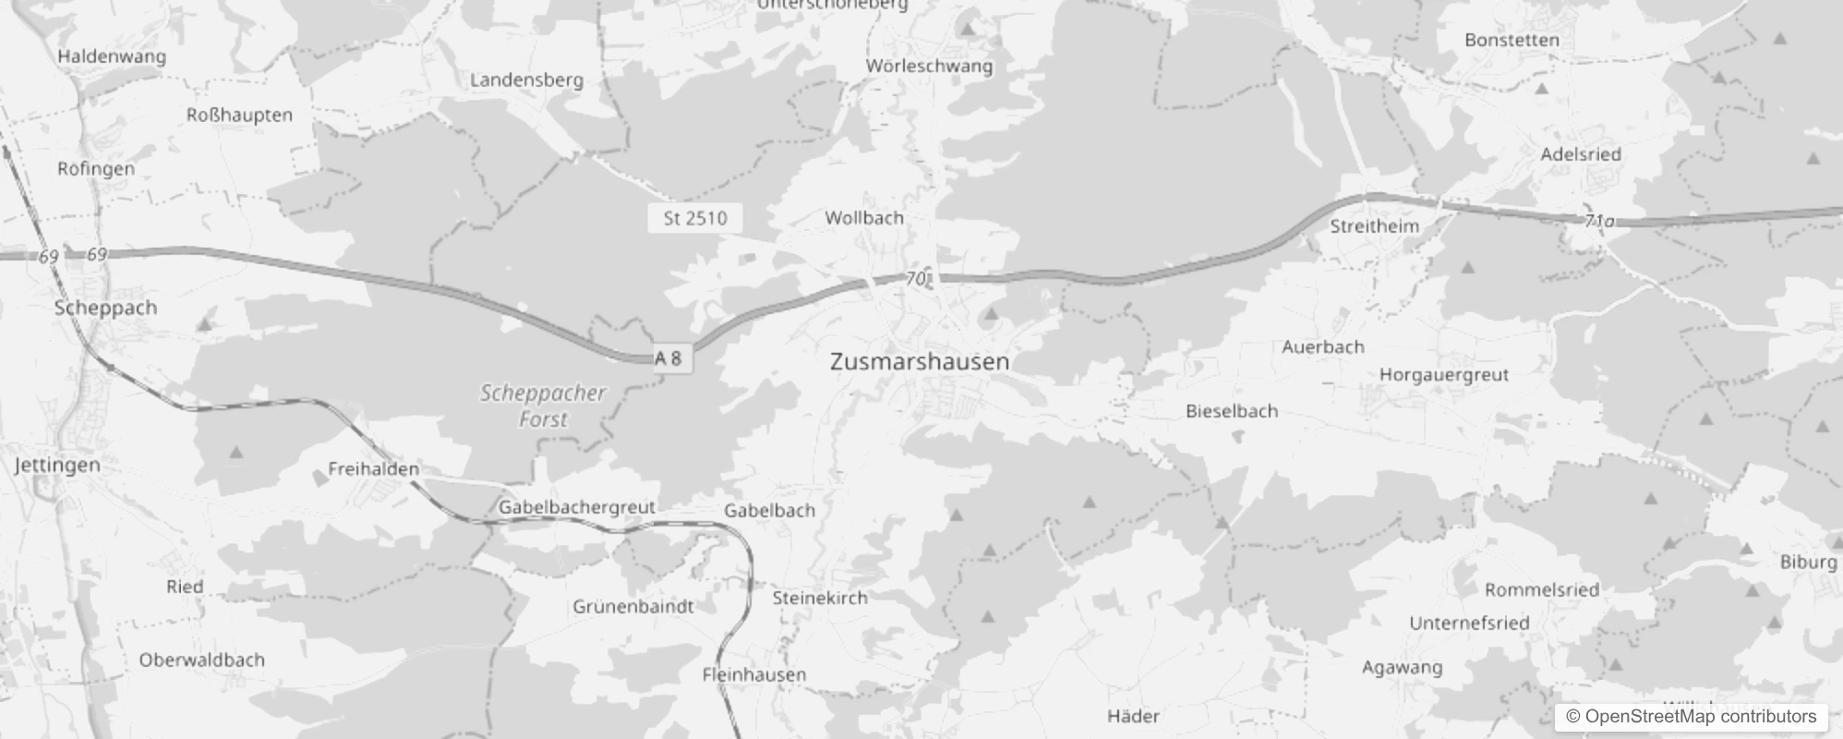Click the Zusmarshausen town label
click(x=920, y=361)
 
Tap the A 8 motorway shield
click(x=669, y=358)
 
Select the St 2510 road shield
click(x=694, y=218)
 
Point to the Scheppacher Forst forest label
click(x=543, y=406)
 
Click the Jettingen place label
click(x=57, y=465)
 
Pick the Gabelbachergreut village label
click(x=576, y=507)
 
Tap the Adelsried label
click(x=1580, y=154)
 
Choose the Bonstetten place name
click(x=1512, y=40)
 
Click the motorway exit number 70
click(x=915, y=278)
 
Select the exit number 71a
click(x=1599, y=221)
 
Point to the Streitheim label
click(x=1374, y=226)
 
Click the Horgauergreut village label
click(x=1443, y=375)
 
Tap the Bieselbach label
click(x=1232, y=411)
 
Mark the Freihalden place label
click(x=373, y=469)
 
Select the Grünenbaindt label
click(x=632, y=607)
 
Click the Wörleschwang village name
click(x=929, y=67)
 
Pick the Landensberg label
click(x=526, y=80)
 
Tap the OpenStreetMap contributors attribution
click(x=1691, y=717)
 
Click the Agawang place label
click(x=1402, y=668)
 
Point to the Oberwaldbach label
click(x=201, y=660)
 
